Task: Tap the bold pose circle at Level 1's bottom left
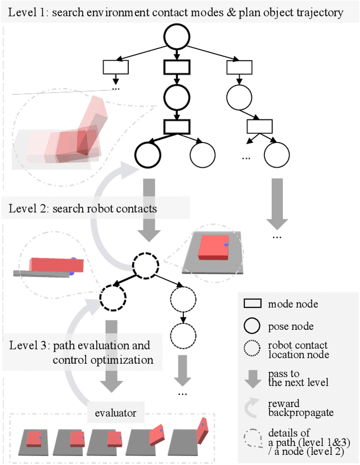(148, 154)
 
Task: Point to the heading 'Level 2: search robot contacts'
(83, 209)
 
